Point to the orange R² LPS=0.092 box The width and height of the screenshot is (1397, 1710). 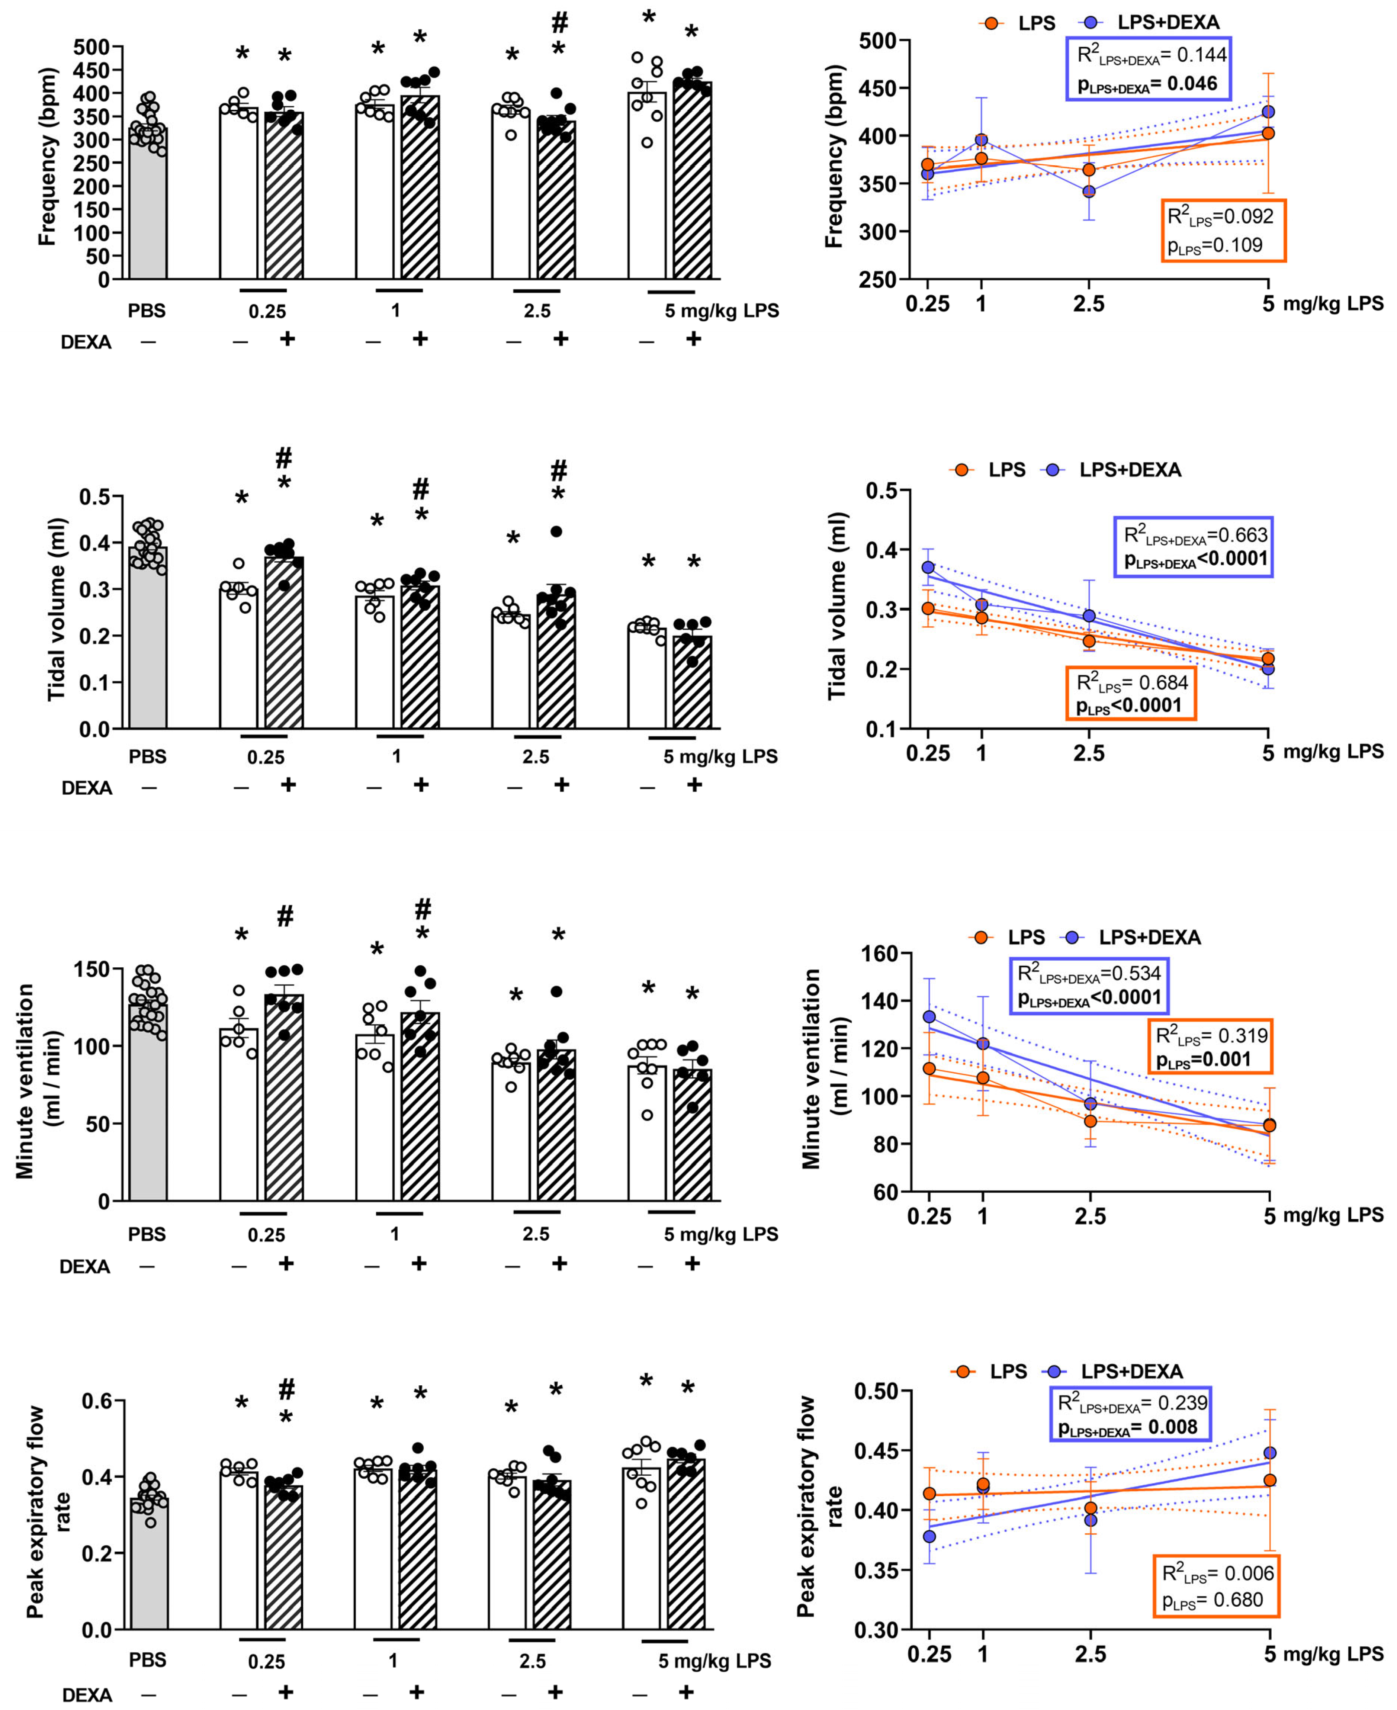[1223, 230]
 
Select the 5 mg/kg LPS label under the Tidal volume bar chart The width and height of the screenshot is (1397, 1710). [720, 756]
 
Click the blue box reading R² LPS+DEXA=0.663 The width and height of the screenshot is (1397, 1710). [1194, 547]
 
